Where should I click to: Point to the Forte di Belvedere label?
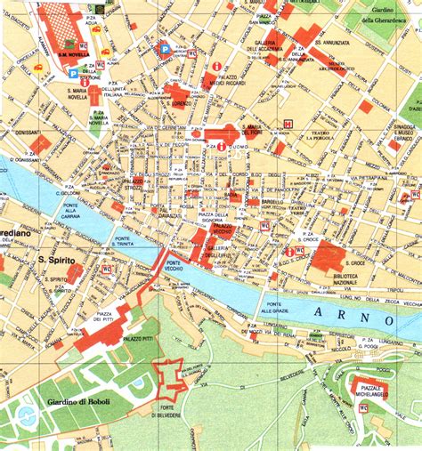[x=168, y=410]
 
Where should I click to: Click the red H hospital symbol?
[x=287, y=124]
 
